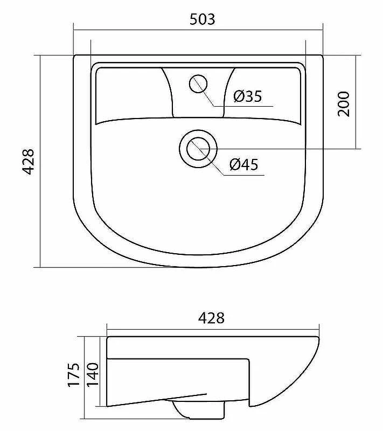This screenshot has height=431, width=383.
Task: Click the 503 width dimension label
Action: [x=203, y=19]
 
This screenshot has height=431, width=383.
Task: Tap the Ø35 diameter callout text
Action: [x=248, y=96]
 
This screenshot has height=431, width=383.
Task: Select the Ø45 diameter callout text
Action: [x=244, y=165]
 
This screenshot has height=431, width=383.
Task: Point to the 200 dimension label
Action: [x=344, y=104]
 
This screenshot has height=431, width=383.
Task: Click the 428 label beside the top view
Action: [x=28, y=162]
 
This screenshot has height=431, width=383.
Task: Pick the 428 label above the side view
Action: [x=211, y=318]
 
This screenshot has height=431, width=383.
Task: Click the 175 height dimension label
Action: [x=74, y=375]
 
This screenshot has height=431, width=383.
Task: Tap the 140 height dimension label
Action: [x=93, y=375]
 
